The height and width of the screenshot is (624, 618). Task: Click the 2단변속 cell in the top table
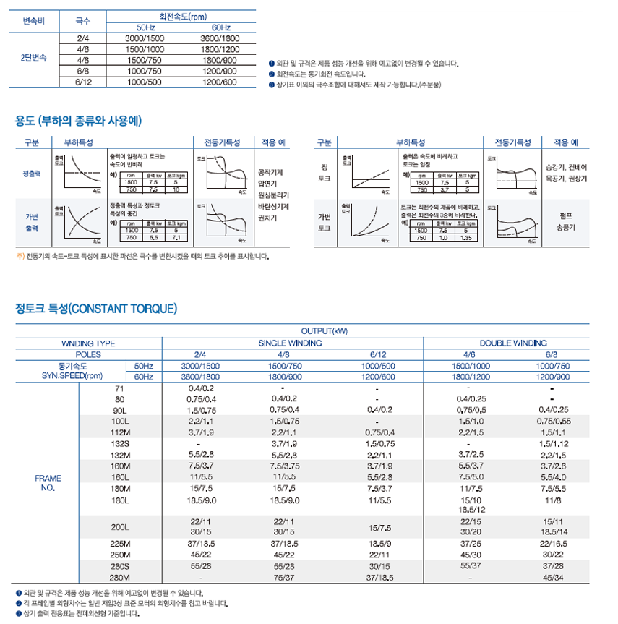(x=33, y=56)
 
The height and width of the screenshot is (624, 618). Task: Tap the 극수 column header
(x=82, y=22)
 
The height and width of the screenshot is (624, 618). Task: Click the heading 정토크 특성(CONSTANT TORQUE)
(x=96, y=309)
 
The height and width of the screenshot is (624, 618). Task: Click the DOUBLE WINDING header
(x=514, y=343)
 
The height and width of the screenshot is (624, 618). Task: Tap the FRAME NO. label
(x=48, y=483)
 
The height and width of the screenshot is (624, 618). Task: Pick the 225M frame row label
(x=119, y=543)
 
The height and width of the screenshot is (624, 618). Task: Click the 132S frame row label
(x=119, y=443)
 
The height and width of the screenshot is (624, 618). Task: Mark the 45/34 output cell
(x=554, y=578)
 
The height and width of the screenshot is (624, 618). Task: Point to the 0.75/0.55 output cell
(x=554, y=420)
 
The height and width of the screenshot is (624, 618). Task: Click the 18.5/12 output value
(x=470, y=509)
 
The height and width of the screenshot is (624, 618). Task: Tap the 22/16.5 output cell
(x=554, y=543)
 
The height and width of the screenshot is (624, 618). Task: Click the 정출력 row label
(x=33, y=174)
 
